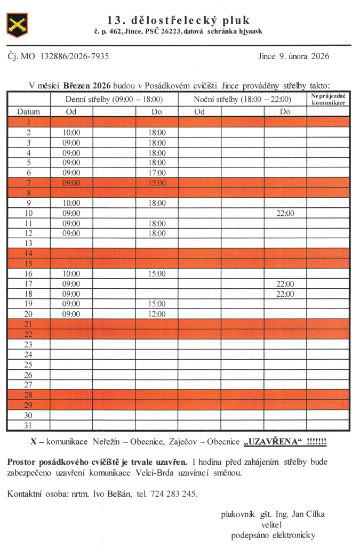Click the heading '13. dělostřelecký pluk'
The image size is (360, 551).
coord(178,20)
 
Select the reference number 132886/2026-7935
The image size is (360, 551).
coord(74,56)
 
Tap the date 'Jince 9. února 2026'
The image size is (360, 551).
coord(293,56)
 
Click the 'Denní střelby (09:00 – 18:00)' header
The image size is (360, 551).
coord(114,99)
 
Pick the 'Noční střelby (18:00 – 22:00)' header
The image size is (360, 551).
coord(242,99)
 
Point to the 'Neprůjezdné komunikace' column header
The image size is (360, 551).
coord(328,99)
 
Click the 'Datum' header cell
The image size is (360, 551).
coord(28,112)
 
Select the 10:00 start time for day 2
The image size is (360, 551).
coord(71,132)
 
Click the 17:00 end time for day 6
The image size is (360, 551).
coord(157,173)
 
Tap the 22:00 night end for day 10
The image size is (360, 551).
coord(285,213)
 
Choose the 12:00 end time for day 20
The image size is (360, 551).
coord(157,314)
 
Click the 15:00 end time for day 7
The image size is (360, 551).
coord(157,183)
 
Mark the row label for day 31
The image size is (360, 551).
coord(28,425)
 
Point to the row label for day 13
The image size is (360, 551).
coord(28,243)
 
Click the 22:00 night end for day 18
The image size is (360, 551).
coord(285,294)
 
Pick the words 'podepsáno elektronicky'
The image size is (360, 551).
coord(274,536)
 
